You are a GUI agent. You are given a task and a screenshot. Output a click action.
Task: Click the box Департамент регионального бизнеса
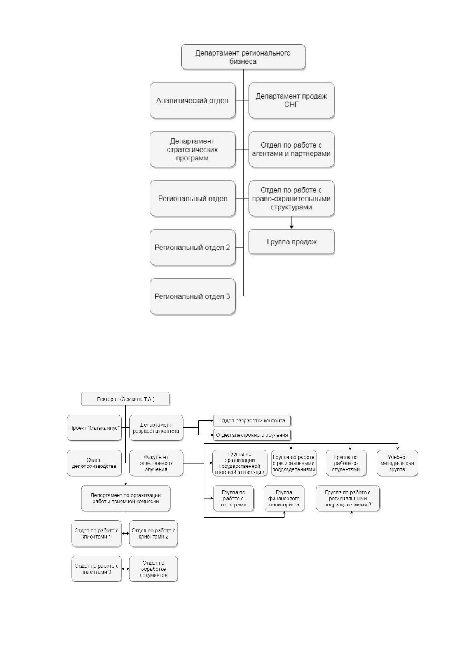tap(243, 57)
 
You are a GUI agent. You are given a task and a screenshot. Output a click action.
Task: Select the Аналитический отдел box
tap(192, 100)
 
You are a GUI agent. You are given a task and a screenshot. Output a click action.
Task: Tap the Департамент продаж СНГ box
tap(292, 100)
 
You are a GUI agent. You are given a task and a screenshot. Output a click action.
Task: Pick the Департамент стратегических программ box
tap(192, 150)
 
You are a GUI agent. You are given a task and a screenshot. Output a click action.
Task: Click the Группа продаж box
tap(292, 242)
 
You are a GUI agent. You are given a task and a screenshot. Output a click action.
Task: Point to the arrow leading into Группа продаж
tap(292, 223)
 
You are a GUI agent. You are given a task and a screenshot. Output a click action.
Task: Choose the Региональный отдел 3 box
tap(192, 296)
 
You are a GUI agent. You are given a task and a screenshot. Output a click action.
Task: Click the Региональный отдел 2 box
tap(192, 247)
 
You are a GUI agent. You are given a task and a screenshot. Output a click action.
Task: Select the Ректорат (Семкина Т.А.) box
tap(125, 399)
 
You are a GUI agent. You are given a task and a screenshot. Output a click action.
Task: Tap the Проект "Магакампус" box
tap(94, 428)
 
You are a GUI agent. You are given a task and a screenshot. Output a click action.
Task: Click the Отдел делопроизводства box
tap(94, 463)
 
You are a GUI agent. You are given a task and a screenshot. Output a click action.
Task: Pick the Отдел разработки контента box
tap(252, 421)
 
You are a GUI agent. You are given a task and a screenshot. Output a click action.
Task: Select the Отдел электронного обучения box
tap(252, 435)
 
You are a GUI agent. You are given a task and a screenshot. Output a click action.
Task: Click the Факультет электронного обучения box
tap(156, 463)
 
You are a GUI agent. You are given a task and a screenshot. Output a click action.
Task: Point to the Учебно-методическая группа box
tap(397, 463)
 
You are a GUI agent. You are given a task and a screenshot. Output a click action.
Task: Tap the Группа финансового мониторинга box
tap(284, 499)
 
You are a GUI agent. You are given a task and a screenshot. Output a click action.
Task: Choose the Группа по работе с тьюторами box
tap(233, 499)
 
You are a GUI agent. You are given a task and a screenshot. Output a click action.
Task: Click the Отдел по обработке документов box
tap(153, 569)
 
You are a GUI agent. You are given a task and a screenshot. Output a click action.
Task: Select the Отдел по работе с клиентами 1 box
tap(96, 534)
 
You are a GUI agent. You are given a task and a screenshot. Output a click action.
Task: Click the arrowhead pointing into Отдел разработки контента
tap(212, 421)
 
